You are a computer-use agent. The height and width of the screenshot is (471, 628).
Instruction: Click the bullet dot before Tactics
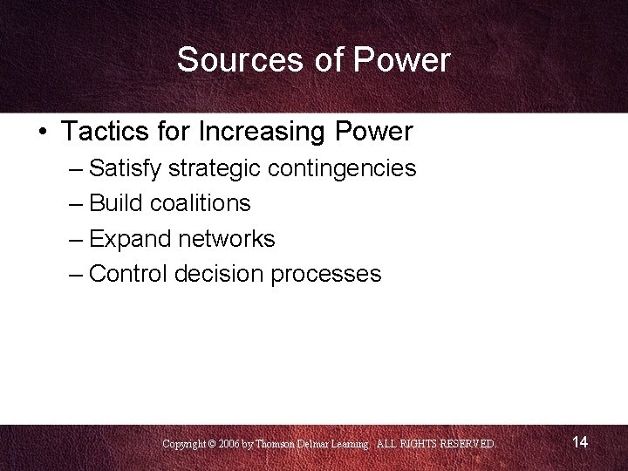point(43,133)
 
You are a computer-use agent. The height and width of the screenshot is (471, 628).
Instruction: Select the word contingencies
point(342,167)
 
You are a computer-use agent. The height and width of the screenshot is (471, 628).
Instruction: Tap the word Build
point(116,203)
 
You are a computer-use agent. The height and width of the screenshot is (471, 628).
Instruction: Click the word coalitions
point(201,203)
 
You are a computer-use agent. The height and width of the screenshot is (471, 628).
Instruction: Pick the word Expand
point(127,238)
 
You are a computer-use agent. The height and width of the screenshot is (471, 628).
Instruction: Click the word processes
point(326,274)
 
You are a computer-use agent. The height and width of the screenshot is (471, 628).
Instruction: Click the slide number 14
point(580,442)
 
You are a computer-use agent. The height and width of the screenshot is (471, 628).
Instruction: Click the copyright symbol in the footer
point(212,444)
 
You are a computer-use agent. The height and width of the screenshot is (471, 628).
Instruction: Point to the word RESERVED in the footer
point(467,444)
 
